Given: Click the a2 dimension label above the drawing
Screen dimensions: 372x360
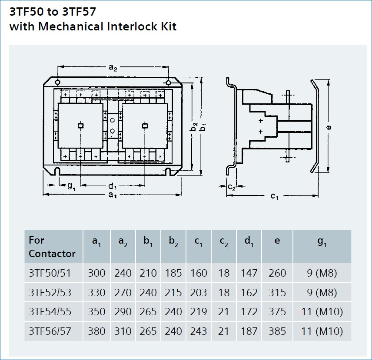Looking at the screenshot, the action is click(x=113, y=68).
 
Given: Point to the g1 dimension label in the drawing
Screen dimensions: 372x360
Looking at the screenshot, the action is click(x=71, y=186).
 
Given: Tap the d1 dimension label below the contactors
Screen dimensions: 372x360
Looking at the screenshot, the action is click(x=113, y=186).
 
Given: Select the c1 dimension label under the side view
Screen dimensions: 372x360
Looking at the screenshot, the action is click(x=274, y=196).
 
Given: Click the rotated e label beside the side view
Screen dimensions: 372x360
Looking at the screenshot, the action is click(x=329, y=127).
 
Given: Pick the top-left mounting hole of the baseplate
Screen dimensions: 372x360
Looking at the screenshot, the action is click(x=57, y=83).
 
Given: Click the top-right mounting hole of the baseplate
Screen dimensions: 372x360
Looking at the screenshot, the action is click(x=168, y=83).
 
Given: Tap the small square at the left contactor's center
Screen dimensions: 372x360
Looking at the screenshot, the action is click(x=81, y=126).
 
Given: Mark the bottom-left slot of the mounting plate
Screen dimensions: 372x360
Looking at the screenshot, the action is click(x=57, y=171).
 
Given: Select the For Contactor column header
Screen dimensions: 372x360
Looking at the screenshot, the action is click(x=52, y=247).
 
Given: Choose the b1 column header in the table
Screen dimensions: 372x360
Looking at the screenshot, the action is click(x=148, y=241).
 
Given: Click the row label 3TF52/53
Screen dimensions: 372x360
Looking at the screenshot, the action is click(x=50, y=292).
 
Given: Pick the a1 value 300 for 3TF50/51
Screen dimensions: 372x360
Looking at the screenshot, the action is click(x=96, y=273).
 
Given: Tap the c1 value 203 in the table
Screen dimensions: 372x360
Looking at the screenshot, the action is click(x=199, y=292).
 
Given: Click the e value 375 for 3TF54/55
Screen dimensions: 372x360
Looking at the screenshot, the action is click(x=277, y=312).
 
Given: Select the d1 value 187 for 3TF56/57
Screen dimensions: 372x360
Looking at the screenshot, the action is click(x=249, y=331).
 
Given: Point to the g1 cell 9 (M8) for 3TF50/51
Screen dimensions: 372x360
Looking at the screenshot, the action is click(x=322, y=273).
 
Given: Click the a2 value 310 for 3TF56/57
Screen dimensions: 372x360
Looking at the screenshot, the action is click(x=123, y=331).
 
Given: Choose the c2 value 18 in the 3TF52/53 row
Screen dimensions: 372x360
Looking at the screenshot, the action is click(x=224, y=292).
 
